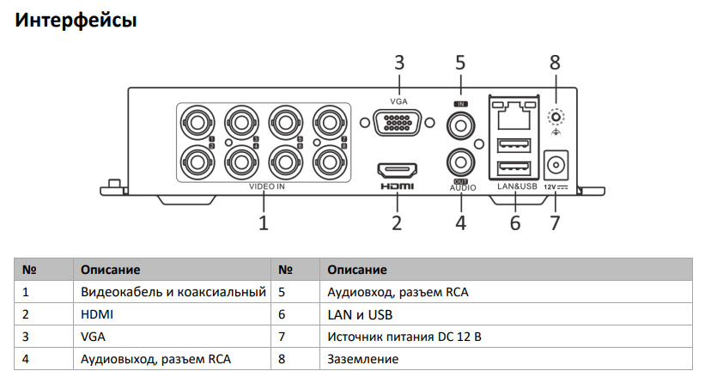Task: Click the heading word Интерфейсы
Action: (x=76, y=20)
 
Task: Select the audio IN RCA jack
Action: (x=461, y=125)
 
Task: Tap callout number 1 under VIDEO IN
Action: (x=264, y=224)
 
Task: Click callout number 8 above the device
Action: (x=555, y=63)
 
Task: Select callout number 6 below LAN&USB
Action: (x=515, y=224)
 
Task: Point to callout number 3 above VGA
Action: (x=399, y=63)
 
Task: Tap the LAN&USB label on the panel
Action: (x=516, y=185)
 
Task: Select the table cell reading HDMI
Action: (x=97, y=314)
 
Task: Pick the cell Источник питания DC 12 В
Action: (x=404, y=337)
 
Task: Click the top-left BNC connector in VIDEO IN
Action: (x=197, y=121)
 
